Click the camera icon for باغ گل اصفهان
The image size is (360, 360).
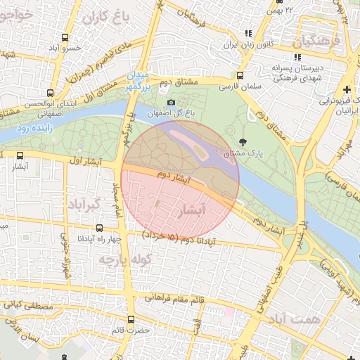coord(172,103)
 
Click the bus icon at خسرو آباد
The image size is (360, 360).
coord(65,37)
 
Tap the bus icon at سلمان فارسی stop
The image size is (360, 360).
coord(240,76)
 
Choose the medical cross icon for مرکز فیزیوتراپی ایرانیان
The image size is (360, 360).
coord(347,90)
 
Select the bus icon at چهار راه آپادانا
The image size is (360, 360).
coord(99,229)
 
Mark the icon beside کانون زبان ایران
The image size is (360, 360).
coord(247,33)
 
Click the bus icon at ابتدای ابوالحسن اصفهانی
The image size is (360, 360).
coord(50,92)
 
